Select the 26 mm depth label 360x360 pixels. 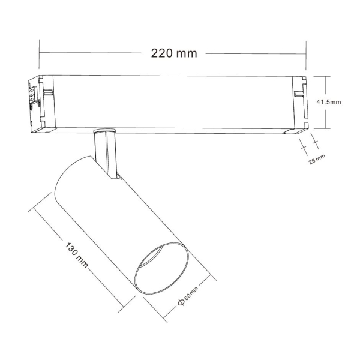(x=317, y=159)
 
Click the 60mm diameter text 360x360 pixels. (x=191, y=294)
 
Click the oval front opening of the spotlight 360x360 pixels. (x=161, y=268)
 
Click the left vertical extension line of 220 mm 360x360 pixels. (x=40, y=57)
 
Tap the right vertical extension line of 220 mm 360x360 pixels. (x=306, y=57)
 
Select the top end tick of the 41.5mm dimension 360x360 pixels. (x=327, y=76)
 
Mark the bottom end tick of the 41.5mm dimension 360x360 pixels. (x=327, y=128)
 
